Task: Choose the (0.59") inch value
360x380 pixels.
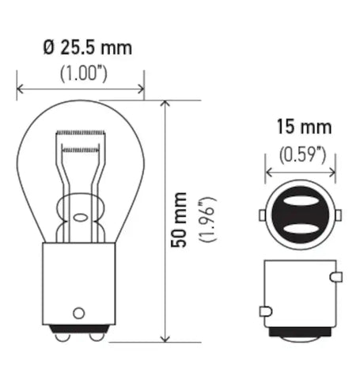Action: coord(300,153)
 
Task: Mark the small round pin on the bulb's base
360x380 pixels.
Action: coord(79,310)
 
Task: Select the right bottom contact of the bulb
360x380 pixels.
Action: coord(95,335)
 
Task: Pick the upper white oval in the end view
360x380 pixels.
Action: coord(299,203)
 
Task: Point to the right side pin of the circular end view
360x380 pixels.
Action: coord(338,215)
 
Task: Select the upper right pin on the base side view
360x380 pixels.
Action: coord(336,278)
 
